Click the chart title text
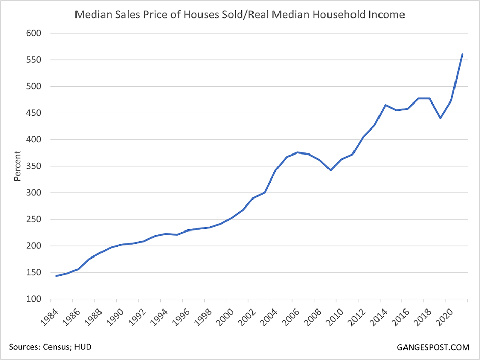click(x=240, y=14)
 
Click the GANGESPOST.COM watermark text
click(x=433, y=348)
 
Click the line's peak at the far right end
click(x=462, y=54)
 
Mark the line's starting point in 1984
click(x=56, y=276)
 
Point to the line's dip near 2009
click(x=331, y=170)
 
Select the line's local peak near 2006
click(x=298, y=152)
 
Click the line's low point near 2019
click(x=440, y=118)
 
